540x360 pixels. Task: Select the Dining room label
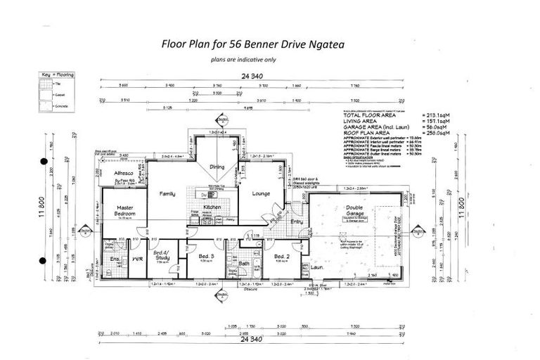point(217,167)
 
